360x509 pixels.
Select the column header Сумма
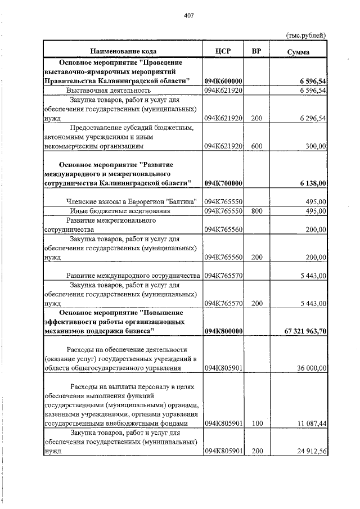pos(298,52)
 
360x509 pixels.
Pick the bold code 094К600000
pos(223,82)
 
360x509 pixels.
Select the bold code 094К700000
pos(223,183)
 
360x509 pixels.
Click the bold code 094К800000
pos(223,331)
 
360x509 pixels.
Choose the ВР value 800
pos(256,211)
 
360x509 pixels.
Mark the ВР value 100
pos(256,423)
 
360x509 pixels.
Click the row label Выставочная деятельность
pos(109,91)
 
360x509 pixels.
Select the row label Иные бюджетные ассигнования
pos(115,211)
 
